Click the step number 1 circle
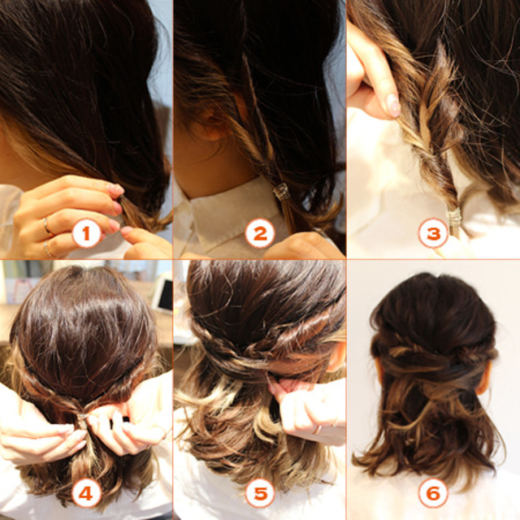(x=87, y=232)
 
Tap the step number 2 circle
(x=260, y=232)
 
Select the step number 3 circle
(x=433, y=232)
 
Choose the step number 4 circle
(x=86, y=493)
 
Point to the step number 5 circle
(x=260, y=493)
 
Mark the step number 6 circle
(x=433, y=493)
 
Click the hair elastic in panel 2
(x=282, y=192)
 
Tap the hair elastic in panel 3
(x=455, y=217)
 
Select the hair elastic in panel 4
(x=82, y=420)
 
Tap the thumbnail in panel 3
(x=393, y=106)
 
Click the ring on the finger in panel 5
(x=318, y=430)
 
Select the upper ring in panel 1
(x=47, y=227)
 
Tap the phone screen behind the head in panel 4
(x=165, y=295)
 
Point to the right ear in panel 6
(x=484, y=378)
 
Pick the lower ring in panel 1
(x=49, y=249)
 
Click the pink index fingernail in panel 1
(x=115, y=190)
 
